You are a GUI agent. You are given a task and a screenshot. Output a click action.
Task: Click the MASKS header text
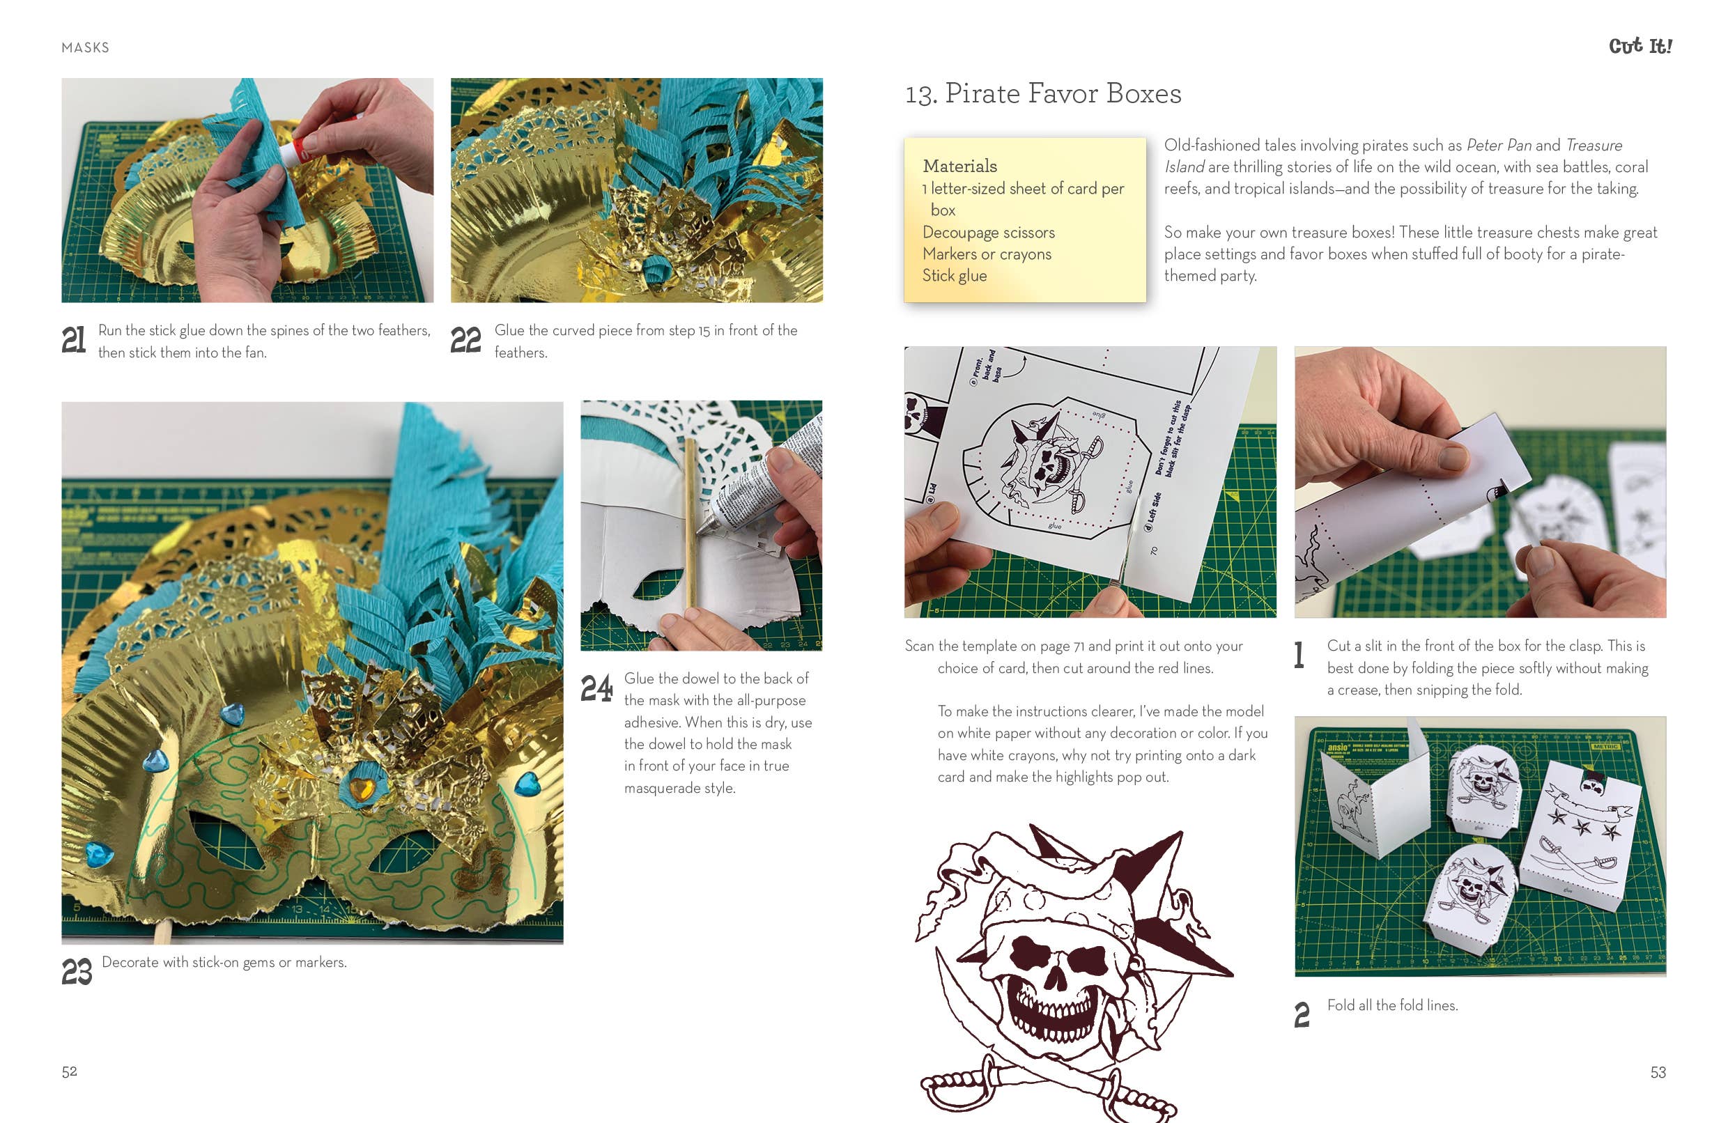[85, 48]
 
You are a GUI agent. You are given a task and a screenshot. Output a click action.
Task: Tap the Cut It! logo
[1640, 47]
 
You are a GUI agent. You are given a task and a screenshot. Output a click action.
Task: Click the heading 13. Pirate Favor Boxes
[1042, 93]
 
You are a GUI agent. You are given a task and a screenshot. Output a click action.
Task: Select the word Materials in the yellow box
[959, 166]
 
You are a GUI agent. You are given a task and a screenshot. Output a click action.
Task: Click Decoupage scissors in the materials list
[988, 232]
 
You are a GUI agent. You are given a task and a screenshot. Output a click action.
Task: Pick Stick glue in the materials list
[954, 276]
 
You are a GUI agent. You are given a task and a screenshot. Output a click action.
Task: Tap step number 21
[73, 340]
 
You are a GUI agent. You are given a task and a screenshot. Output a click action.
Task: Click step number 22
[465, 340]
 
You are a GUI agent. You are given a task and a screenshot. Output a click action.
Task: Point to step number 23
[77, 971]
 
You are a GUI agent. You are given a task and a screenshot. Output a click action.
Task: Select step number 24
[596, 688]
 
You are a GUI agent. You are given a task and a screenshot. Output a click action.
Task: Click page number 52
[69, 1071]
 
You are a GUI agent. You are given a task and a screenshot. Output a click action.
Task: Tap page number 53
[1658, 1072]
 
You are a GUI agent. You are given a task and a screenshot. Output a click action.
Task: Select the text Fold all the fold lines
[1392, 1005]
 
